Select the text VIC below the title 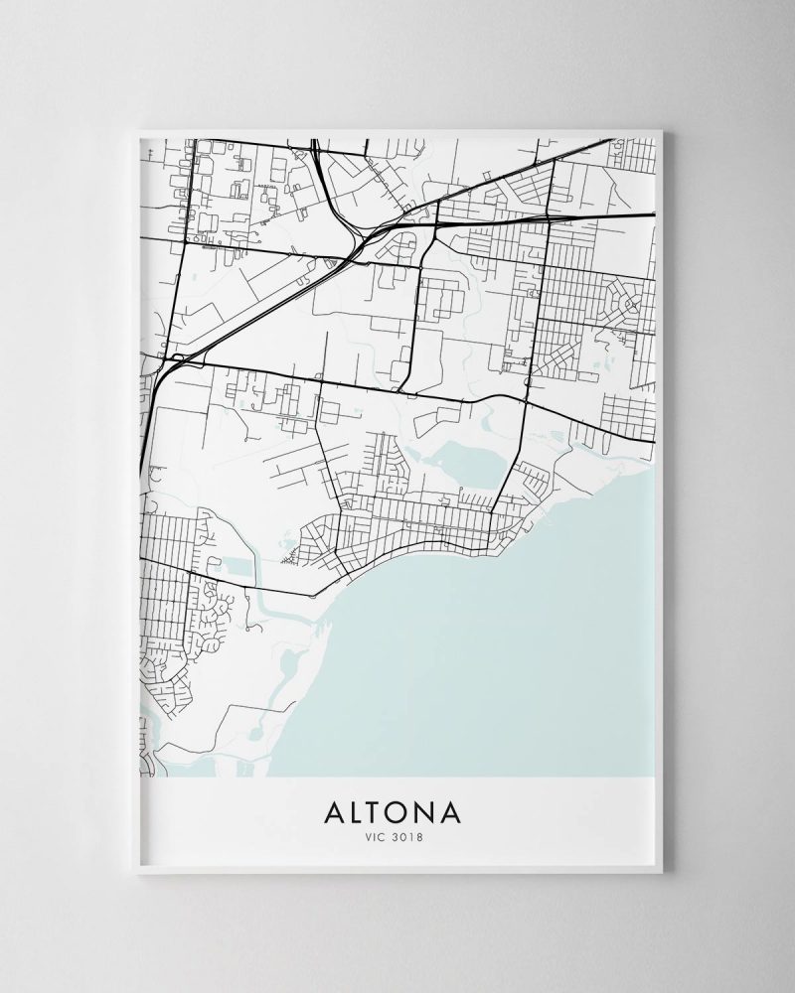click(375, 837)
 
